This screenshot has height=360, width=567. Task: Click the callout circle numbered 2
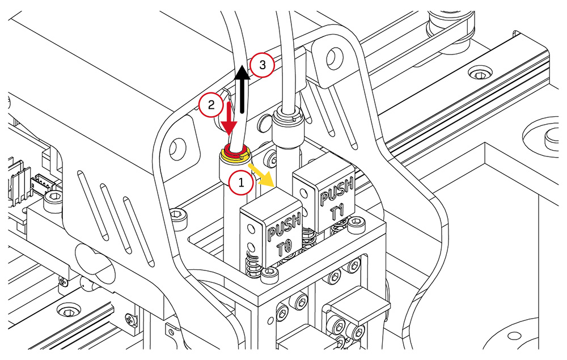(210, 105)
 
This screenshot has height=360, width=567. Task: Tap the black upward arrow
(243, 91)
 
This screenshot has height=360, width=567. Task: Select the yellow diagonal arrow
(264, 175)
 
